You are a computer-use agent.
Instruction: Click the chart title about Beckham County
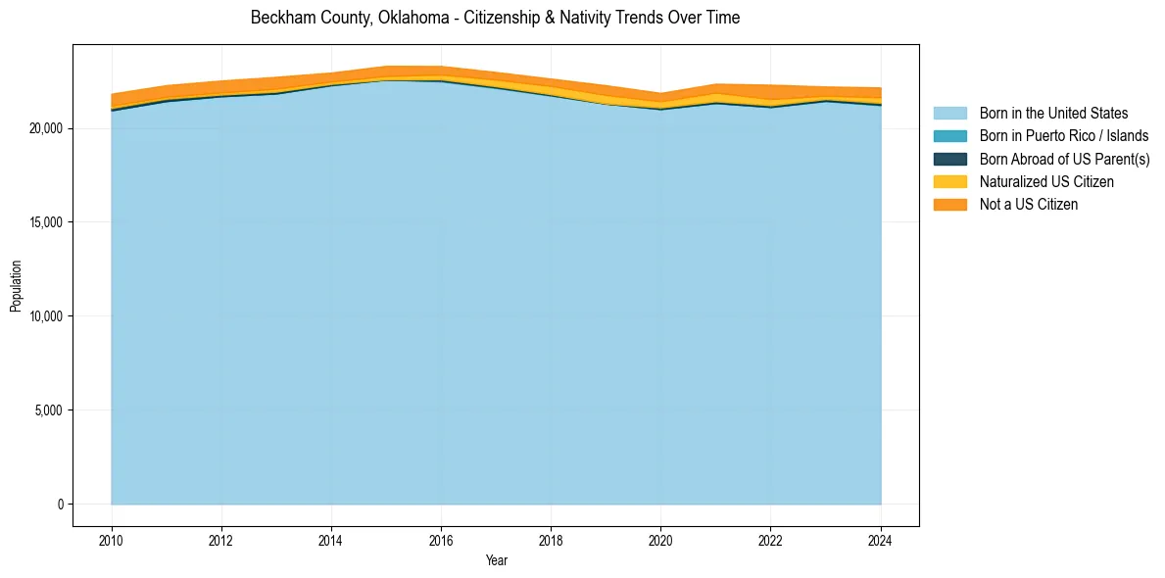[495, 18]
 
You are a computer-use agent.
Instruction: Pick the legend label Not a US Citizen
[1029, 205]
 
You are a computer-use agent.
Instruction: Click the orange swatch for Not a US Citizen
[949, 205]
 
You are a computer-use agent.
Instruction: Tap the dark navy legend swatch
[949, 159]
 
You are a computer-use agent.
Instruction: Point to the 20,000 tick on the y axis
[46, 128]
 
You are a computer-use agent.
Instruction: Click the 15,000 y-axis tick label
[46, 222]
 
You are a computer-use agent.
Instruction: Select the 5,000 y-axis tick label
[49, 410]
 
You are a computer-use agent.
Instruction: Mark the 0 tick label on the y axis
[60, 505]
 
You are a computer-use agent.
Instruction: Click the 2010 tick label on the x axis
[112, 540]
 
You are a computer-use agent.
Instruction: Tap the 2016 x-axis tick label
[441, 540]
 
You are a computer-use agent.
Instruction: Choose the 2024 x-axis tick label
[881, 540]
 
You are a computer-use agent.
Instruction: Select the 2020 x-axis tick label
[661, 540]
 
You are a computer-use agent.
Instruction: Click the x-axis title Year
[496, 560]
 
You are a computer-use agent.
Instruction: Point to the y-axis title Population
[16, 286]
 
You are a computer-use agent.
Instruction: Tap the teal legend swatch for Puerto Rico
[949, 136]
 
